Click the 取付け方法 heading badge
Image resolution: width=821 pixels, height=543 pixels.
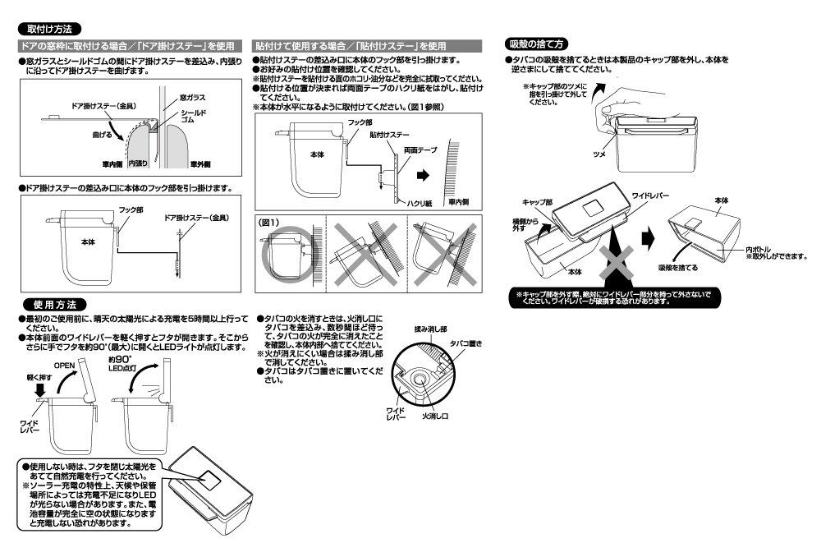[49, 29]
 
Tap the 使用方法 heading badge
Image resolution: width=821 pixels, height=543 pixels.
[54, 305]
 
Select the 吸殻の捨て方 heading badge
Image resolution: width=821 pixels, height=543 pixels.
[536, 44]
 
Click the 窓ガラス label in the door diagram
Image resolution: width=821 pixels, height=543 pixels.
[192, 98]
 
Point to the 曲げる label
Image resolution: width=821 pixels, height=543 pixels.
[102, 135]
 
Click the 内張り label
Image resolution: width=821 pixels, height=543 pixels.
[138, 163]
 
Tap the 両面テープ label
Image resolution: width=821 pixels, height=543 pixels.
[420, 150]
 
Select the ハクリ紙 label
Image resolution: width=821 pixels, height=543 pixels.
[420, 204]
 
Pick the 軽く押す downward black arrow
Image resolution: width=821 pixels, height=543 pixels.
[39, 390]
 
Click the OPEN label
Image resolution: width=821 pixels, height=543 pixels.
[64, 366]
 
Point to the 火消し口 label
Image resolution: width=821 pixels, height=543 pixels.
[436, 416]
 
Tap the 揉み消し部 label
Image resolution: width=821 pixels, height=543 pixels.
[430, 329]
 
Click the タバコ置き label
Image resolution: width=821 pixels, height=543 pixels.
[466, 344]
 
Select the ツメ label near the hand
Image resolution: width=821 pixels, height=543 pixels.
[599, 154]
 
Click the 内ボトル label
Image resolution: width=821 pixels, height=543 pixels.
[759, 250]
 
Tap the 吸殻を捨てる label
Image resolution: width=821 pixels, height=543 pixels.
[678, 268]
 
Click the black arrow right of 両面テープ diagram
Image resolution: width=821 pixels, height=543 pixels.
[423, 176]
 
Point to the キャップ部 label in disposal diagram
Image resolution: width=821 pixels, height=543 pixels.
[537, 202]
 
